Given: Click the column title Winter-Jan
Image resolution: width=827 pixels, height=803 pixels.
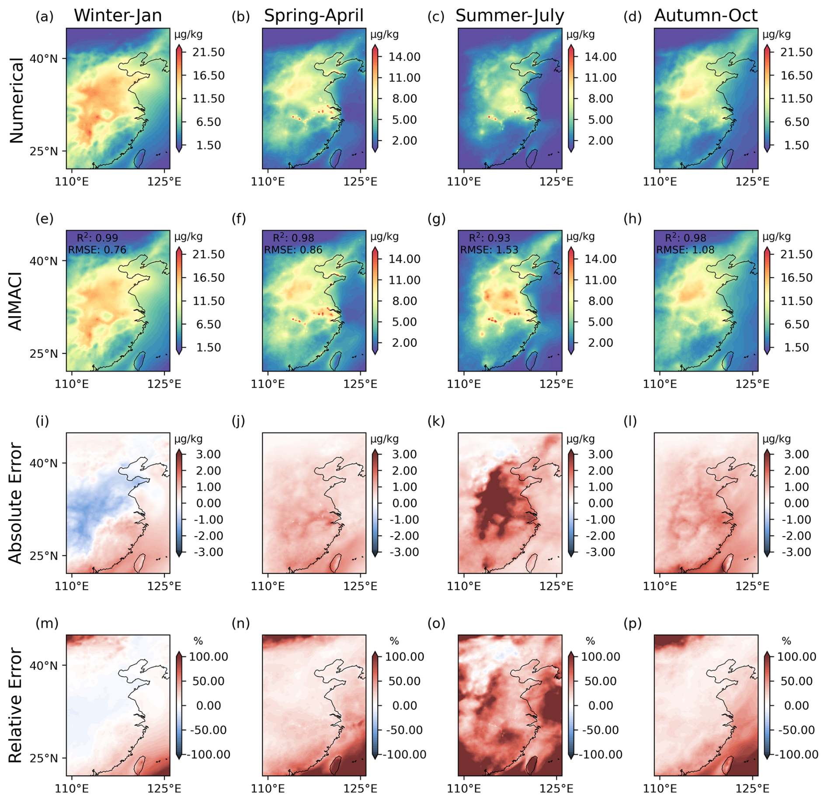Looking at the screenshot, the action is click(118, 16).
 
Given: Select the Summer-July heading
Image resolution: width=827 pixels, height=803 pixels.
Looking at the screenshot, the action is click(510, 16).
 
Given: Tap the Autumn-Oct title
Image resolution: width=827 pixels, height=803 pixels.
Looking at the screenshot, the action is click(705, 16).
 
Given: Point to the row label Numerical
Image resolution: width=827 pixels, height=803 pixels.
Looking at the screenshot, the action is click(16, 100).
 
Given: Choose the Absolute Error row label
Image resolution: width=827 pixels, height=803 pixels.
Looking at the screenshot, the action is click(16, 503).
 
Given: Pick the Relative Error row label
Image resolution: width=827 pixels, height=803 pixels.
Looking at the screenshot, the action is click(16, 705).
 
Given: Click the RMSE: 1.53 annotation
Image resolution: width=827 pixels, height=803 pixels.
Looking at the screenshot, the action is click(489, 250).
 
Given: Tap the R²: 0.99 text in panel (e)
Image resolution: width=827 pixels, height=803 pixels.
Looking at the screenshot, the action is click(97, 237).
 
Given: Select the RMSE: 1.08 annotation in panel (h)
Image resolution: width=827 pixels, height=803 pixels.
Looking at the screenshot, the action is click(685, 250).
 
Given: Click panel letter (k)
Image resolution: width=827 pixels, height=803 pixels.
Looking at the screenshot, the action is click(436, 421).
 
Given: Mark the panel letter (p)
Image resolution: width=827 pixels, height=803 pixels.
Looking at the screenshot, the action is click(632, 623).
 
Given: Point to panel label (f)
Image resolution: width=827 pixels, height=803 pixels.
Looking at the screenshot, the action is click(239, 219).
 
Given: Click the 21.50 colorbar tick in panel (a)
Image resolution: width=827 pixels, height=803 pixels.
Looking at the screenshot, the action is click(208, 52).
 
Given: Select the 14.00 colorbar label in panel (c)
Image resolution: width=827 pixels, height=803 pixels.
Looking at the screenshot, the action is click(601, 57).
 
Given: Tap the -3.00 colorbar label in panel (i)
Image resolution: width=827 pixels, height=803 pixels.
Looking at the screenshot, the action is click(207, 552).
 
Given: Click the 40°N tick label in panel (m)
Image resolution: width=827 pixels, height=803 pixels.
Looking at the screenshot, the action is click(44, 666).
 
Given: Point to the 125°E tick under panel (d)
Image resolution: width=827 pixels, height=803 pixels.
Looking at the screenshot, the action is click(752, 181).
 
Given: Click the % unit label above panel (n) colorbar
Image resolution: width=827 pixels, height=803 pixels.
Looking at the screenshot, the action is click(394, 641).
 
